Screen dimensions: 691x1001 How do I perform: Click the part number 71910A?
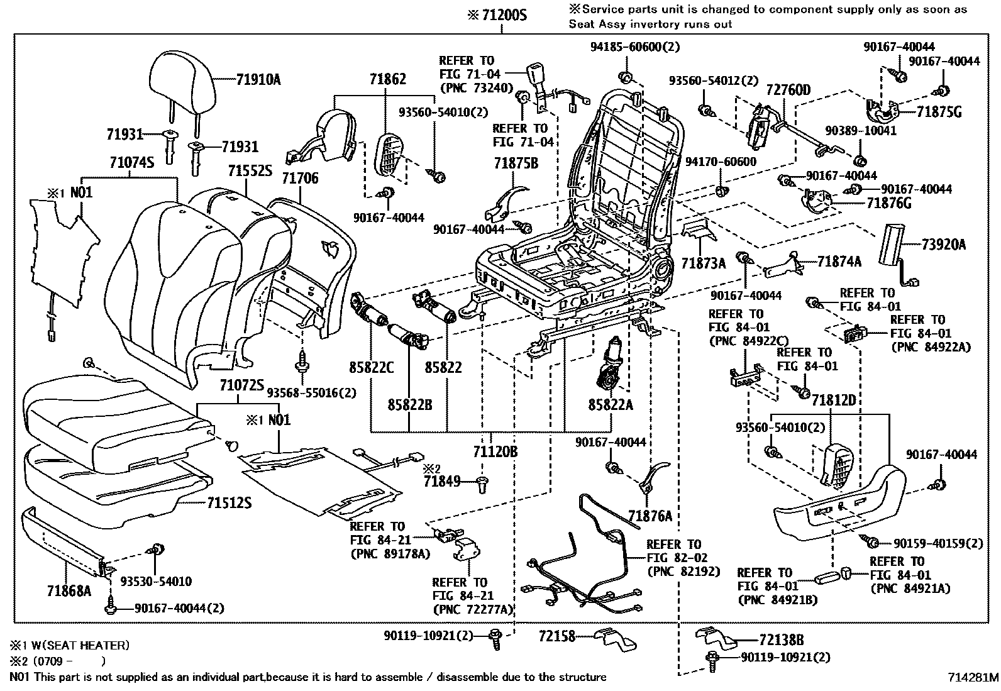(x=258, y=79)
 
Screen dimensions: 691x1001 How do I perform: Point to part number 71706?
(x=299, y=179)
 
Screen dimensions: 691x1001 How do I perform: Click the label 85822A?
(x=611, y=404)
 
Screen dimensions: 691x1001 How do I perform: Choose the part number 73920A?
(x=944, y=245)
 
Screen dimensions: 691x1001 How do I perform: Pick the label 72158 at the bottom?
(x=557, y=637)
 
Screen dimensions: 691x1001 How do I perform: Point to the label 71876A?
(x=650, y=516)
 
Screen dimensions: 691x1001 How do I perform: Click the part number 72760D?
(x=788, y=91)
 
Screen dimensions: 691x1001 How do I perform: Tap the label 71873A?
(x=704, y=263)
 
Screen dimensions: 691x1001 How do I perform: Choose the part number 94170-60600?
(x=721, y=162)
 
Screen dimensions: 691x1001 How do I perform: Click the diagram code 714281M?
(x=973, y=677)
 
